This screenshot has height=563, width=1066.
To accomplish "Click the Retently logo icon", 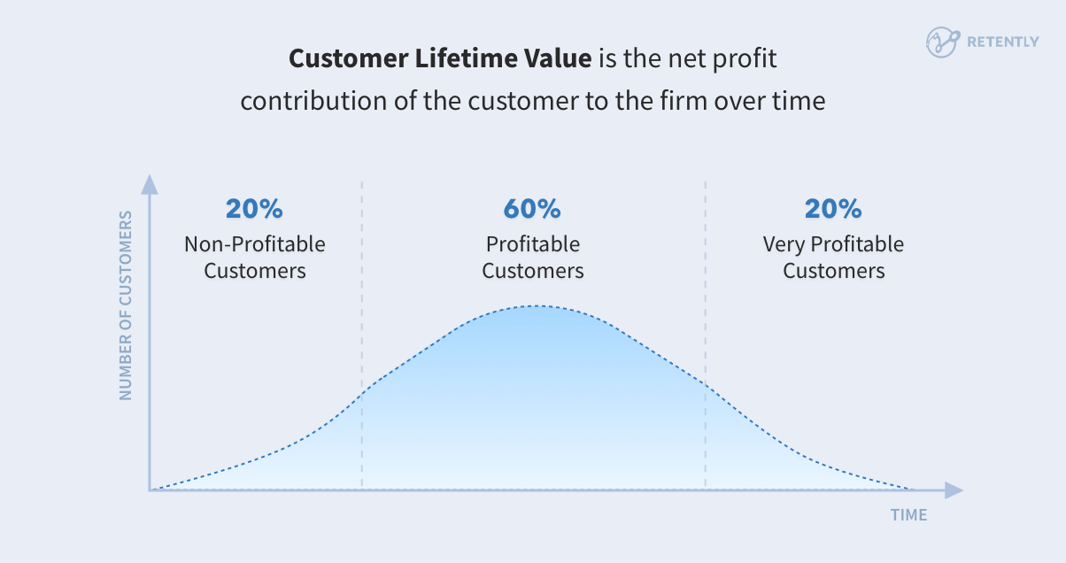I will click(x=942, y=42).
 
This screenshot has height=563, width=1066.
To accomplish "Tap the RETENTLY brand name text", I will click(x=1003, y=42).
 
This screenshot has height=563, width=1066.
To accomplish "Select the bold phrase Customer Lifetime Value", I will click(x=440, y=59).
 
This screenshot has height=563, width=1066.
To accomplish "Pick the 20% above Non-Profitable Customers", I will click(x=254, y=209).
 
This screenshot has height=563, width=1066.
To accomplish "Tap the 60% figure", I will click(x=532, y=209).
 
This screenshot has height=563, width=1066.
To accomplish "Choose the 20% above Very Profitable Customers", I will click(x=833, y=209).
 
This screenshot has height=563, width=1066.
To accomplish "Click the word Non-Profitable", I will click(x=255, y=243).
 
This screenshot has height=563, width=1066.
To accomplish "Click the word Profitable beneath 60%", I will click(x=532, y=243).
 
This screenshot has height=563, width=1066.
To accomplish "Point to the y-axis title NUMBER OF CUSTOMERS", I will click(x=126, y=305).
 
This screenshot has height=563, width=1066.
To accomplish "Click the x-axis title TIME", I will click(x=908, y=514).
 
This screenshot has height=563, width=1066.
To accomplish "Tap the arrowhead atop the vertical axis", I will click(x=151, y=185).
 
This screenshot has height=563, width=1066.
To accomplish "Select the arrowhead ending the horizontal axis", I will click(x=953, y=490).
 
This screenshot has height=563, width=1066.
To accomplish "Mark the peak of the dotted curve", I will click(x=533, y=306).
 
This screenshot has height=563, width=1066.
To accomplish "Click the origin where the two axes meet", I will click(x=151, y=490).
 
